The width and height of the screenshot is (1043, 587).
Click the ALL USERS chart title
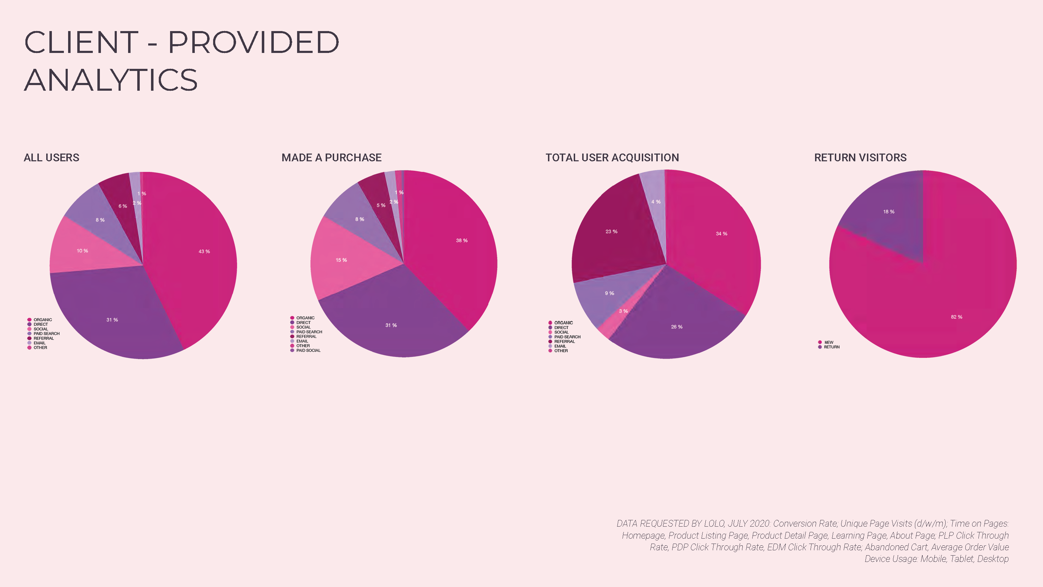(52, 157)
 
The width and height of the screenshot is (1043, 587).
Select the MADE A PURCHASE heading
(331, 157)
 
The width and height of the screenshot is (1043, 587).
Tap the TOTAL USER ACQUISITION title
(612, 157)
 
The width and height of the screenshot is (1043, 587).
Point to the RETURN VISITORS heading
(860, 157)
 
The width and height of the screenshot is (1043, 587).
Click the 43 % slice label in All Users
(204, 252)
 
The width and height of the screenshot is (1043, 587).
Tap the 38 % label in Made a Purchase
(462, 241)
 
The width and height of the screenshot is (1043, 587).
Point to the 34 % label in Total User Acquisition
(721, 234)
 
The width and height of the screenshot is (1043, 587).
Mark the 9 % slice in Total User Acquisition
(609, 293)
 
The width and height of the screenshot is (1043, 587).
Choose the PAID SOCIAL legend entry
(308, 351)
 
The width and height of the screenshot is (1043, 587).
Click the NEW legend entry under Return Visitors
(828, 342)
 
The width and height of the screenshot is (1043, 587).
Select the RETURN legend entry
(831, 347)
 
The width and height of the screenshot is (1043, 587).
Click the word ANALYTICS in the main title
(110, 80)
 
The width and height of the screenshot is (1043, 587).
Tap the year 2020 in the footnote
(759, 523)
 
